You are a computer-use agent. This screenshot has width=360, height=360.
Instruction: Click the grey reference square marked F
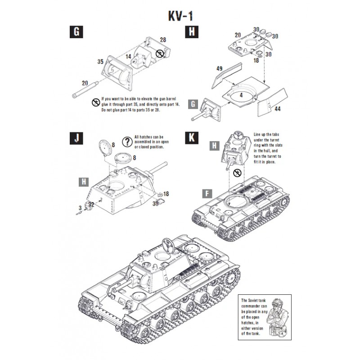tap(206, 194)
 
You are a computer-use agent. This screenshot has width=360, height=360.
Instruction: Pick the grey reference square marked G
tap(193, 105)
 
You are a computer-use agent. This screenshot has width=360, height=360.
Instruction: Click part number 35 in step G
tap(100, 61)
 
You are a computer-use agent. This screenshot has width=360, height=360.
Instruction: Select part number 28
tap(163, 40)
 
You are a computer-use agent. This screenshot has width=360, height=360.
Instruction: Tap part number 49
tap(219, 69)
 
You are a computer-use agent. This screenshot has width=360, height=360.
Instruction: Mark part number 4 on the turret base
tap(242, 95)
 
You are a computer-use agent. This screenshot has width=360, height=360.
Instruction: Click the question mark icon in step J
tap(127, 142)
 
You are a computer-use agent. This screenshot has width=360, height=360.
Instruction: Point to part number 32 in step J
tap(91, 204)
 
